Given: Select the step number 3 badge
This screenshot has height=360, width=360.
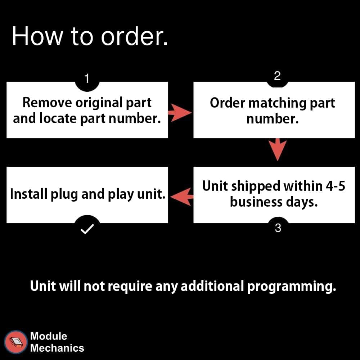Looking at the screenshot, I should (x=278, y=228).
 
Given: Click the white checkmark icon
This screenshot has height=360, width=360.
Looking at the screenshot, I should (x=87, y=229).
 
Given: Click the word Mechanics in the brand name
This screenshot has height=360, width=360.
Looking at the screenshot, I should (x=57, y=348).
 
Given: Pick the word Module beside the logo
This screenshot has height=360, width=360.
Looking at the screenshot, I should (x=49, y=336).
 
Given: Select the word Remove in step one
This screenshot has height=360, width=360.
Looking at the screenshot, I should (x=47, y=103).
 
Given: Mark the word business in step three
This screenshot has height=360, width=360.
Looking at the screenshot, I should (x=255, y=202).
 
